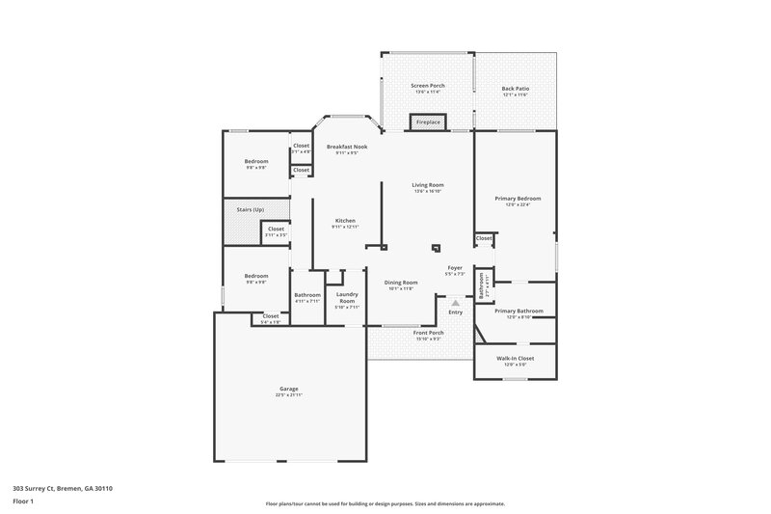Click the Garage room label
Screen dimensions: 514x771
(288, 389)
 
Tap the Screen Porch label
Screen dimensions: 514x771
(427, 86)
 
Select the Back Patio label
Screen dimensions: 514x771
(516, 88)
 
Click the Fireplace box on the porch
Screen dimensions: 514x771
(428, 122)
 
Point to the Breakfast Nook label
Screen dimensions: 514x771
(347, 147)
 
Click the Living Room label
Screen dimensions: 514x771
(427, 184)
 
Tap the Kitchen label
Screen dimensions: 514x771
(345, 220)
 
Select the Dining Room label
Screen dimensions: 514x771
(401, 282)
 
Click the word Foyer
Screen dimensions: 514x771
(456, 267)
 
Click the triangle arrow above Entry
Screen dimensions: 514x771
(455, 303)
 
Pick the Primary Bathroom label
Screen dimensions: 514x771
(518, 311)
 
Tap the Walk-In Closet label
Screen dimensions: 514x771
(515, 358)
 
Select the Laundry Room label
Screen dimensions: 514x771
(346, 297)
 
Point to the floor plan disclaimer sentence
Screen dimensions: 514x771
(385, 504)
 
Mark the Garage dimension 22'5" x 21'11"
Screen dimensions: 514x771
(288, 395)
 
